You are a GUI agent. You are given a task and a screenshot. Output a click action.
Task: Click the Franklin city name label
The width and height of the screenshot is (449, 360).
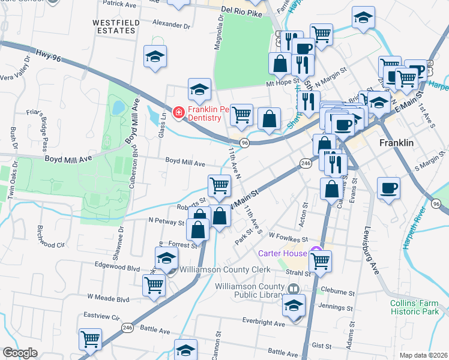[397, 143]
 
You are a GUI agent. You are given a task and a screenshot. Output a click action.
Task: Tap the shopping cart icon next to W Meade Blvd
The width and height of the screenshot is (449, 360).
[154, 286]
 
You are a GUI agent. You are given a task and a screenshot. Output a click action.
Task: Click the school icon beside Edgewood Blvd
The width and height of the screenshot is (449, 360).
[166, 259]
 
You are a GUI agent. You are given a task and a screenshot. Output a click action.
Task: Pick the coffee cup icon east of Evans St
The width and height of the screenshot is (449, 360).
[388, 188]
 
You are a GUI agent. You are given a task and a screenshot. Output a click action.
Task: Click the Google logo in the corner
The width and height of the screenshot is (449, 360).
[20, 353]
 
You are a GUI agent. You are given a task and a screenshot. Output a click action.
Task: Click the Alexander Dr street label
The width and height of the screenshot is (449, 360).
[171, 26]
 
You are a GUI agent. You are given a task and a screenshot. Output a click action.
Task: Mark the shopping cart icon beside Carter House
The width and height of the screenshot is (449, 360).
[320, 260]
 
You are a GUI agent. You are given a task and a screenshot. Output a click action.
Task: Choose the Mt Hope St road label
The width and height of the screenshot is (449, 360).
[283, 85]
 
